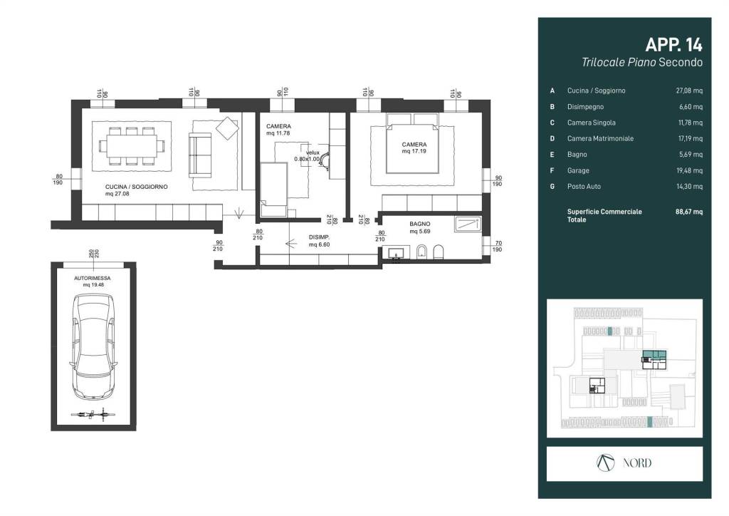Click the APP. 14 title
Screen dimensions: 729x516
[673, 45]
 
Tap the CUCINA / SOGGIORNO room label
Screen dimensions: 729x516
[136, 187]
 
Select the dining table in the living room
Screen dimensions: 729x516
[132, 146]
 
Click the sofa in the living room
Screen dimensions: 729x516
[200, 155]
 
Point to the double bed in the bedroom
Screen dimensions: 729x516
[413, 143]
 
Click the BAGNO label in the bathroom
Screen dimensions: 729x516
[420, 224]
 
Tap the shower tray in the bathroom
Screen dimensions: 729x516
[468, 225]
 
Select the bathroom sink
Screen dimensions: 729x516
[396, 254]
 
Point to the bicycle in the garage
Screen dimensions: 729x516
[93, 414]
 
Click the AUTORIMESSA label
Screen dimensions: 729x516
[93, 278]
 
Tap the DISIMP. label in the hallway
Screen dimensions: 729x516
[320, 237]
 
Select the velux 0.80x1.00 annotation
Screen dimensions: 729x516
[308, 156]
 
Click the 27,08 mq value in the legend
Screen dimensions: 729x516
[689, 91]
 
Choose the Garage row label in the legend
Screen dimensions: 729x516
[578, 171]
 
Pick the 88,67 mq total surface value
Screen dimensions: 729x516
[689, 212]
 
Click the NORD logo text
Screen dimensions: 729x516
[637, 463]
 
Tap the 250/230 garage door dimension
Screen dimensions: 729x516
[94, 254]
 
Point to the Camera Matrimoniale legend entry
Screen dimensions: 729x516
[600, 139]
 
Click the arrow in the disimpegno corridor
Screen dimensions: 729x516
[291, 243]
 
